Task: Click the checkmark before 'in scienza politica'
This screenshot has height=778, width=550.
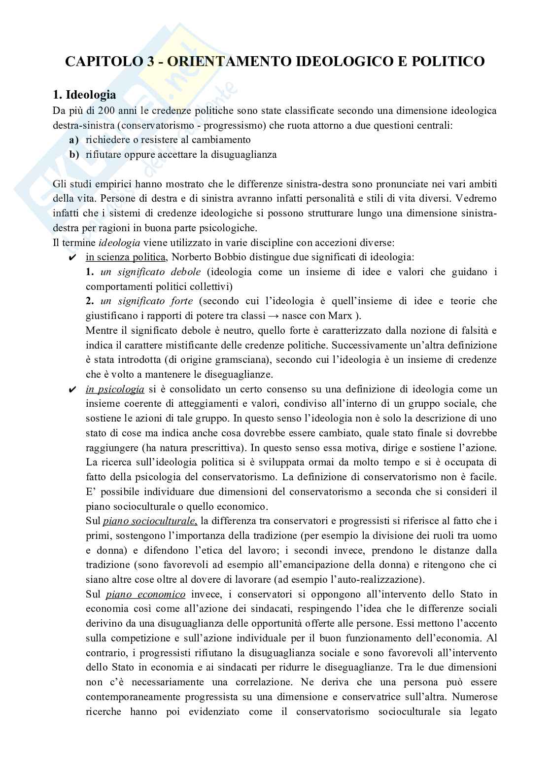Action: (72, 257)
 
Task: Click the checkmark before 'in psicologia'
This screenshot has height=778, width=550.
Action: (72, 390)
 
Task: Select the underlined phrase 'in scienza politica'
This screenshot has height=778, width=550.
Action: (126, 257)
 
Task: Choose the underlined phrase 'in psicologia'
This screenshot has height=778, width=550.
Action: (115, 389)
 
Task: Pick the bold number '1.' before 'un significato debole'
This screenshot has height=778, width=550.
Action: (90, 272)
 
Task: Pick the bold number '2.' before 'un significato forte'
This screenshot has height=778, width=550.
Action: (90, 301)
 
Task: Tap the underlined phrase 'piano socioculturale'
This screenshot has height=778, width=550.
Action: (150, 521)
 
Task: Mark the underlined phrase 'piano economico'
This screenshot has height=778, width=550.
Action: (145, 595)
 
